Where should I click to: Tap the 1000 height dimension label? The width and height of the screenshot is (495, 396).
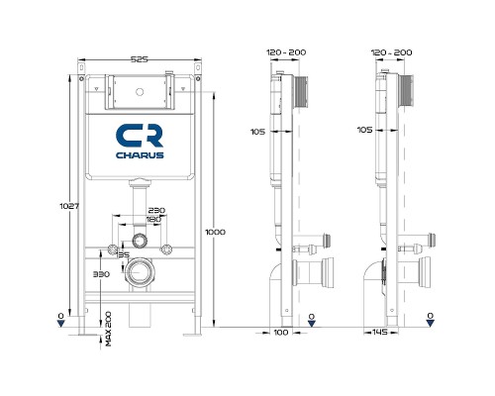coord(215,232)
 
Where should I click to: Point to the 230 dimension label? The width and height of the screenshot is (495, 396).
coord(155,211)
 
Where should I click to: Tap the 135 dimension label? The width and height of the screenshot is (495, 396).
coord(124,256)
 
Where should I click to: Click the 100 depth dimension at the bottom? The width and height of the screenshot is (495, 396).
coord(280,335)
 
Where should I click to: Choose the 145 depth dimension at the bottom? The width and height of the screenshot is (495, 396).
coord(380,335)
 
